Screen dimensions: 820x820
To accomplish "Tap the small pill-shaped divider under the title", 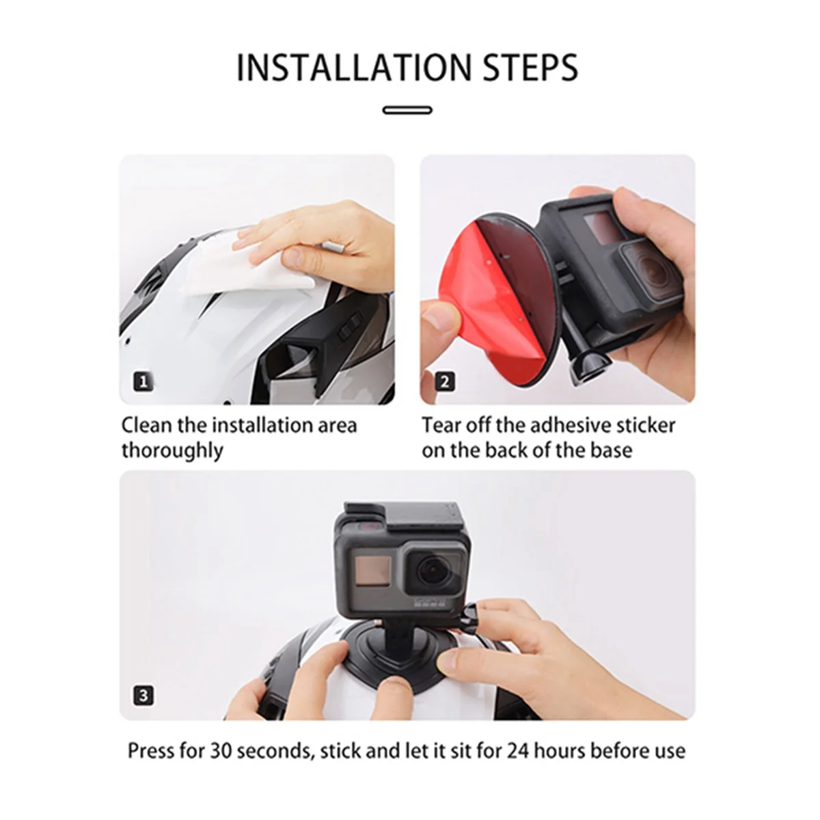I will coord(408,109).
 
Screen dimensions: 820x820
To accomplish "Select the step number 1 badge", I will coord(143,381).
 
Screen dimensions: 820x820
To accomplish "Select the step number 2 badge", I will coord(444,381).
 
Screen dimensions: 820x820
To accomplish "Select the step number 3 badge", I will coord(143,696).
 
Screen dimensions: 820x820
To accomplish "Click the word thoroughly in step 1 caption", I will coord(172,451).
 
